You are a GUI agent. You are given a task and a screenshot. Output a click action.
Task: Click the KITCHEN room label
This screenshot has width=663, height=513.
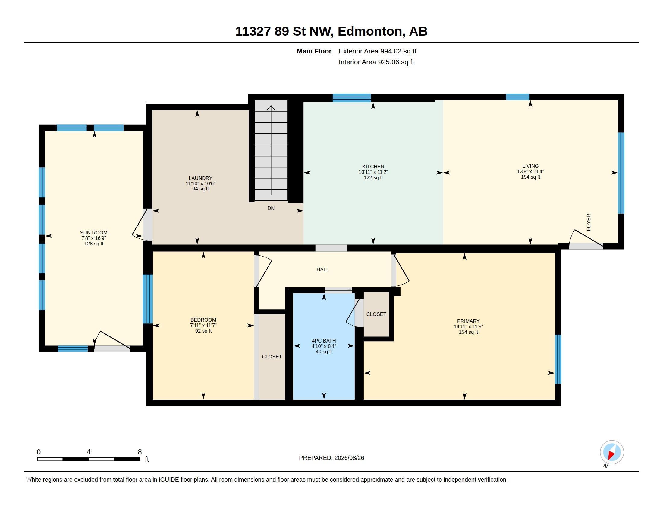(373, 167)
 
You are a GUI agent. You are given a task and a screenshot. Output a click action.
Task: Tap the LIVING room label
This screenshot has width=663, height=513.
(530, 166)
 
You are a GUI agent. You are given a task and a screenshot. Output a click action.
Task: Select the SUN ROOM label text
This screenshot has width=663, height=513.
(93, 233)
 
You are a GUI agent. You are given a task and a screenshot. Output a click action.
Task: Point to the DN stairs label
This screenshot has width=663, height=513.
(271, 208)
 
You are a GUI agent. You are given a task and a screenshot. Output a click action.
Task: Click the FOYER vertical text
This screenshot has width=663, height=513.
(589, 222)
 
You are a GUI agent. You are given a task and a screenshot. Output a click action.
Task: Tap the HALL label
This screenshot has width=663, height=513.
(322, 269)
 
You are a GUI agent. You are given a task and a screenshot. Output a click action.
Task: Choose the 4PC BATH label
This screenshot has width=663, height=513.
(324, 341)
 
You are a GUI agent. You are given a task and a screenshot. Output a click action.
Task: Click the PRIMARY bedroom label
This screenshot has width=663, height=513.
(468, 321)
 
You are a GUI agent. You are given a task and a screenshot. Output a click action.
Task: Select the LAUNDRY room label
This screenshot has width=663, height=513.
(200, 178)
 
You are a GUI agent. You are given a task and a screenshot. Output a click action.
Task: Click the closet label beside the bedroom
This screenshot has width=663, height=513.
(272, 357)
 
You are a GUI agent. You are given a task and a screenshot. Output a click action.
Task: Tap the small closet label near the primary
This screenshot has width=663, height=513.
(376, 314)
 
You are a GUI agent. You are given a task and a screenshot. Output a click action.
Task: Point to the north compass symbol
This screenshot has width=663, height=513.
(612, 452)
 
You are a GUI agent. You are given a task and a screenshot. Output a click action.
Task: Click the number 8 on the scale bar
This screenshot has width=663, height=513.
(140, 452)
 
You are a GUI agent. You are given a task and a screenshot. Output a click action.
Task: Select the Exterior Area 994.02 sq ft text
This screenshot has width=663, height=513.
(377, 51)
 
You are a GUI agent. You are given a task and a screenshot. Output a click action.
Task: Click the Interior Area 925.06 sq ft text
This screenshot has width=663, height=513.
(376, 62)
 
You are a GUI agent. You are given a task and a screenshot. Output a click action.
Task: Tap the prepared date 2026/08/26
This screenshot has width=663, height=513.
(349, 458)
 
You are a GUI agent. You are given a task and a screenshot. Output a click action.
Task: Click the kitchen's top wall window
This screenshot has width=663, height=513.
(351, 98)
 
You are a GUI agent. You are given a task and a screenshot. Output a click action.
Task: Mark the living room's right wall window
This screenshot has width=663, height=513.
(621, 173)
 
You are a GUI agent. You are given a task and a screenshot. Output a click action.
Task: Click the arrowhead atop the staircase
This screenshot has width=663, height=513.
(271, 108)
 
